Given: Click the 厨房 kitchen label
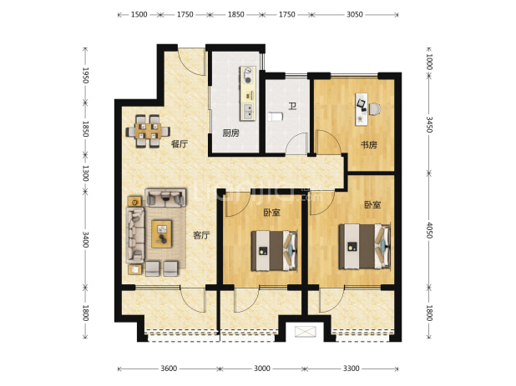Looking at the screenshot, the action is pos(231,133).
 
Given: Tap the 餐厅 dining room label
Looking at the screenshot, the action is pos(180,144).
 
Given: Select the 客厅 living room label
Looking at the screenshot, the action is pos(201,235).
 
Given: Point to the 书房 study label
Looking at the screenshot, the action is pos(369,144).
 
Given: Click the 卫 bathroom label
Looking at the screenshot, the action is pos(292,106).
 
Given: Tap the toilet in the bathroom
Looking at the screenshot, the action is pos(275,116).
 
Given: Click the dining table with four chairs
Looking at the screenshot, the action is pos(148,132).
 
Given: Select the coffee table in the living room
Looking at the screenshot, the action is pos(161,234).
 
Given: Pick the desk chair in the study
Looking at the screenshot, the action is pos(375,109).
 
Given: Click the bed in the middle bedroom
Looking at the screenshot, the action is pos(275,251).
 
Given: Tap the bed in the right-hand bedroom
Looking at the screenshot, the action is pos(365,247).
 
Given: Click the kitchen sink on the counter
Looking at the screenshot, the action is pos(247,112).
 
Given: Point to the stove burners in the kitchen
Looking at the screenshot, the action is pos(247,75).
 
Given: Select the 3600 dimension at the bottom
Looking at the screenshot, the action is pos(169,368).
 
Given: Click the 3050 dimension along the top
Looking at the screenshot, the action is pos(354,14).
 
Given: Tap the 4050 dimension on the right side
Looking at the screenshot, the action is pos(429,230).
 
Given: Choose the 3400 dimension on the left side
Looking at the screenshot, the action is pos(85,239).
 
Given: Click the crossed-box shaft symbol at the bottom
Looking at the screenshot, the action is pos(305,332).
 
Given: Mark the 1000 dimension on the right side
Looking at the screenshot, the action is pos(429,62).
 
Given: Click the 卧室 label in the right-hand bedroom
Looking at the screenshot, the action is pos(372,204).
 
